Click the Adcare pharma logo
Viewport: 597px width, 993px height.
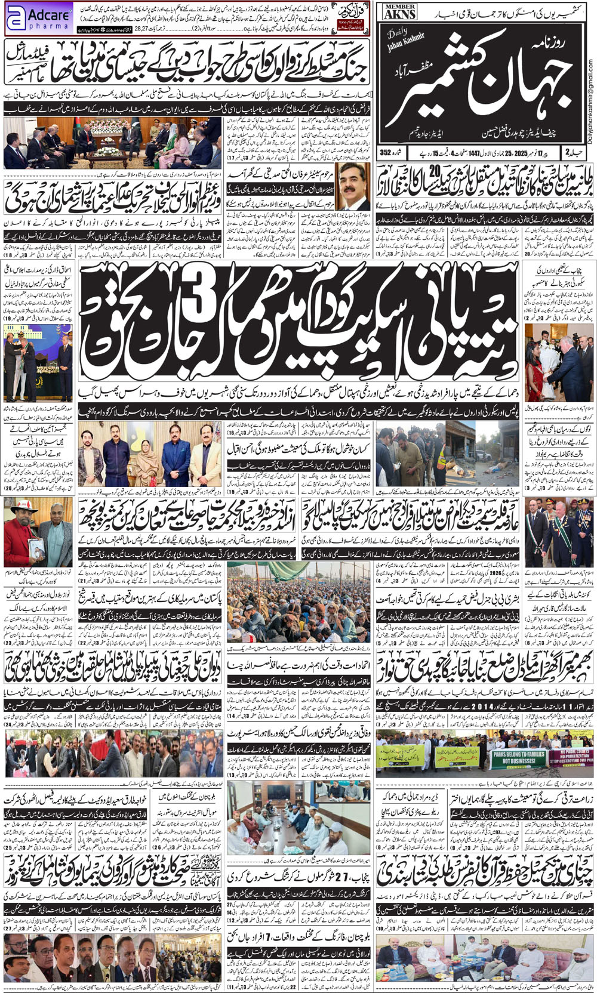39,18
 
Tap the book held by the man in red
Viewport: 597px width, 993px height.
35,545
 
